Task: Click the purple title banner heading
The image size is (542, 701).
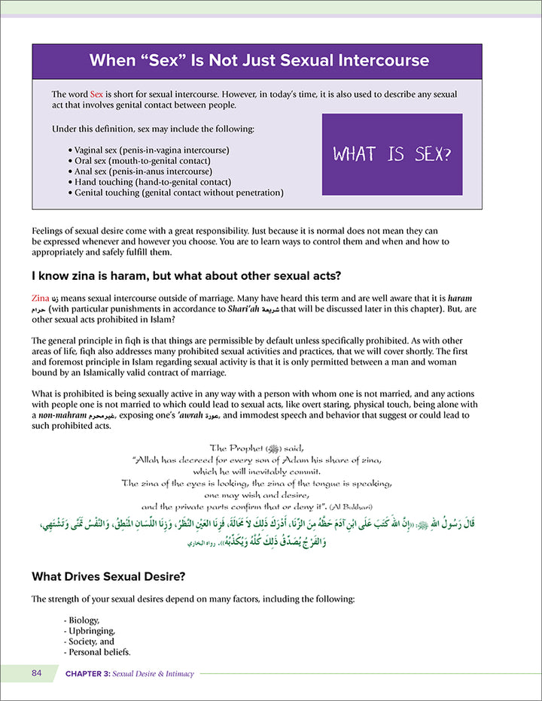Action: pyautogui.click(x=259, y=60)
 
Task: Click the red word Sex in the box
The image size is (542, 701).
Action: pyautogui.click(x=96, y=94)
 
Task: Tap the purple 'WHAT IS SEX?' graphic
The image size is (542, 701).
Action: pyautogui.click(x=391, y=154)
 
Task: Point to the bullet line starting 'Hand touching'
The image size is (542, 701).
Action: pyautogui.click(x=151, y=182)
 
